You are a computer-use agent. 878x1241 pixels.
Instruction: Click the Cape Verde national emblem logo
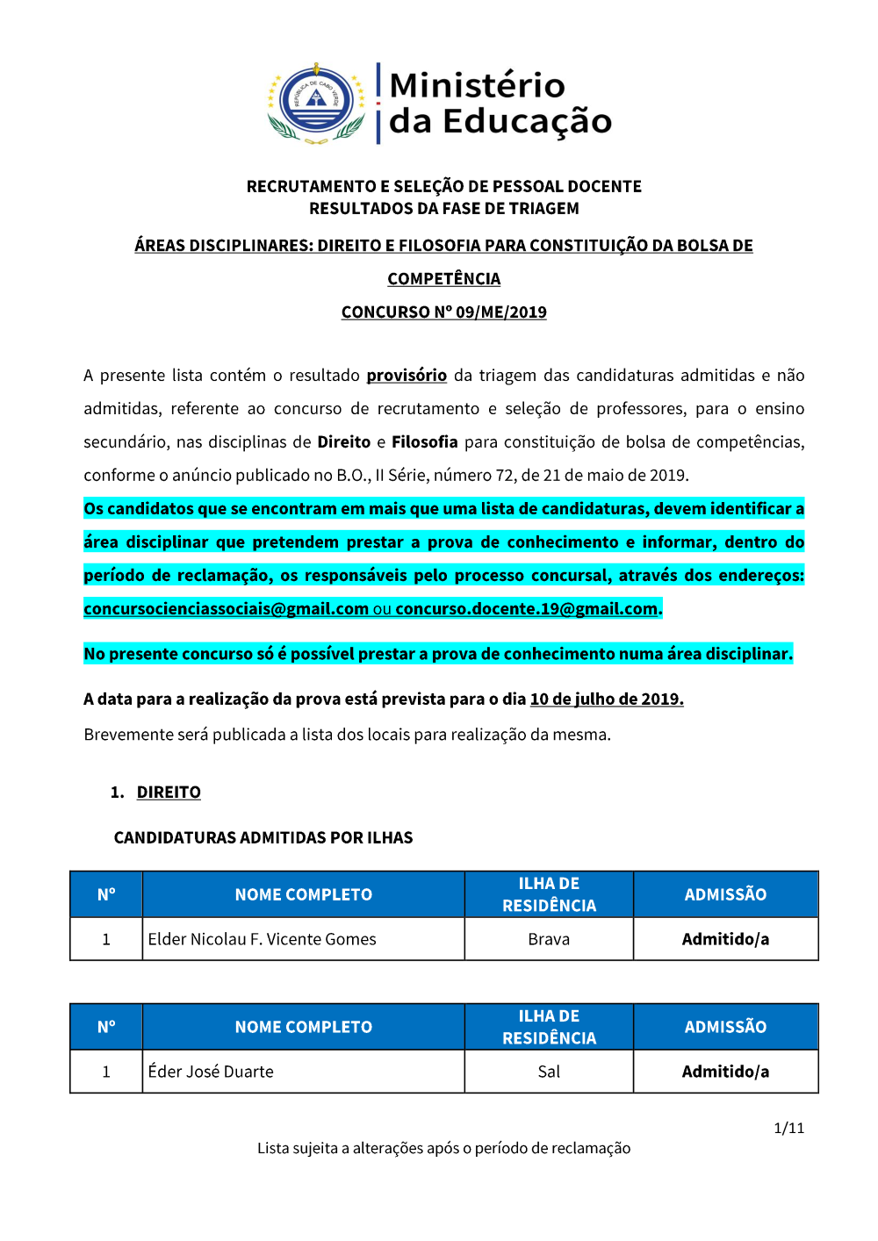point(316,103)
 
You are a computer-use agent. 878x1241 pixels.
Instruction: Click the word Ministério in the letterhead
point(477,85)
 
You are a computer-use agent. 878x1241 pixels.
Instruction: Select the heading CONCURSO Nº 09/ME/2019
point(443,312)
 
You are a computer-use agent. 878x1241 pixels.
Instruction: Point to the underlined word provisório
point(407,376)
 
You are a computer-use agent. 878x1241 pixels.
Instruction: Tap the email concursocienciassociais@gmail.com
point(226,609)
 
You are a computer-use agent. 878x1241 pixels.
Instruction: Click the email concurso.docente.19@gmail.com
point(526,609)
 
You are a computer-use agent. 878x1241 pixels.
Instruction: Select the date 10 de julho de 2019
point(606,699)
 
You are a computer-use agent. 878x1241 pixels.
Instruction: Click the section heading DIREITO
point(169,793)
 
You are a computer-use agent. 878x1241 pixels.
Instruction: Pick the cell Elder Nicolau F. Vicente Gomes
point(262,939)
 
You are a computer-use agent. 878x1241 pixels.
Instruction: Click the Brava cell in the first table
point(549,939)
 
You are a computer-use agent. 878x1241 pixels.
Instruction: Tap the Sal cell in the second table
point(549,1072)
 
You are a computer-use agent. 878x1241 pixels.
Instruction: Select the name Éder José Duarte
point(211,1072)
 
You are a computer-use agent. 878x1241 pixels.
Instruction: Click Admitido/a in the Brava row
point(725,939)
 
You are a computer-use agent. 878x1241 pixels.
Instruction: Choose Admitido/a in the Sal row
point(725,1072)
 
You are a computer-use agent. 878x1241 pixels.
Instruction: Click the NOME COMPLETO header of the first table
point(303,894)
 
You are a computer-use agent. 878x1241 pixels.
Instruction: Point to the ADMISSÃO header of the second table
point(725,1027)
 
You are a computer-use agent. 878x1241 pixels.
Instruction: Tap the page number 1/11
point(788,1128)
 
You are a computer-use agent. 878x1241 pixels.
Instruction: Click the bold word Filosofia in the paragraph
point(425,442)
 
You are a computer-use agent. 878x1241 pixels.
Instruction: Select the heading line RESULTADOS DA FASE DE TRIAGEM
point(443,209)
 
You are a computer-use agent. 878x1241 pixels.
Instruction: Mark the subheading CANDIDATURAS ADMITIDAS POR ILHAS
point(263,838)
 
